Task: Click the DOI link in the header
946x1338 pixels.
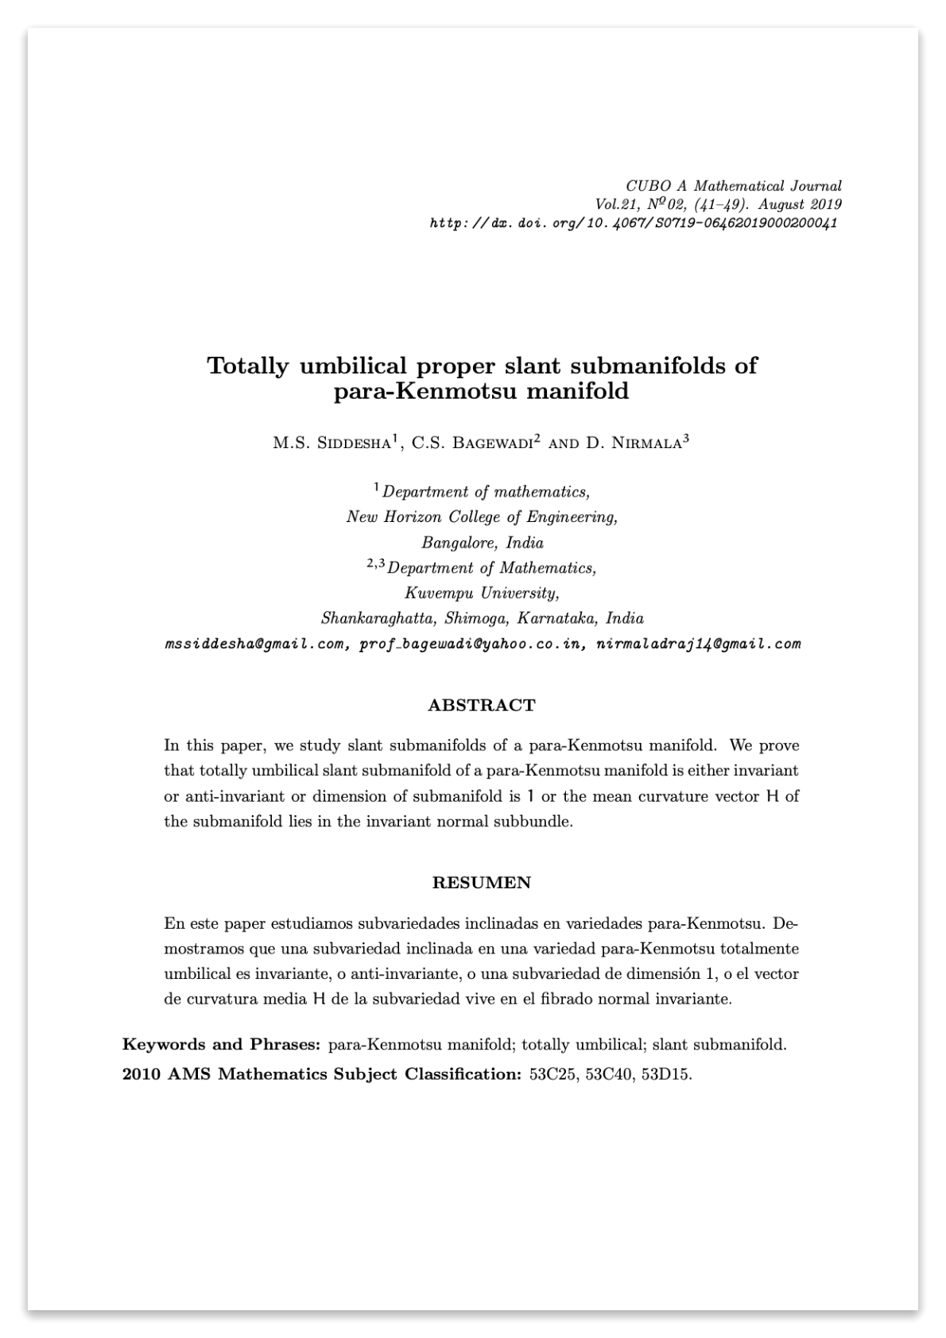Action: click(x=633, y=223)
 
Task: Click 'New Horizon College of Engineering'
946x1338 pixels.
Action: click(x=482, y=517)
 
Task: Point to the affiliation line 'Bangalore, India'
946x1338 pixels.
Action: click(x=482, y=543)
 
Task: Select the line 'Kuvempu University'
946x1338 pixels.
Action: click(x=482, y=594)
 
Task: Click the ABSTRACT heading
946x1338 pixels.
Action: click(x=482, y=706)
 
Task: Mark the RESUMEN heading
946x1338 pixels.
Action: click(x=482, y=883)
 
